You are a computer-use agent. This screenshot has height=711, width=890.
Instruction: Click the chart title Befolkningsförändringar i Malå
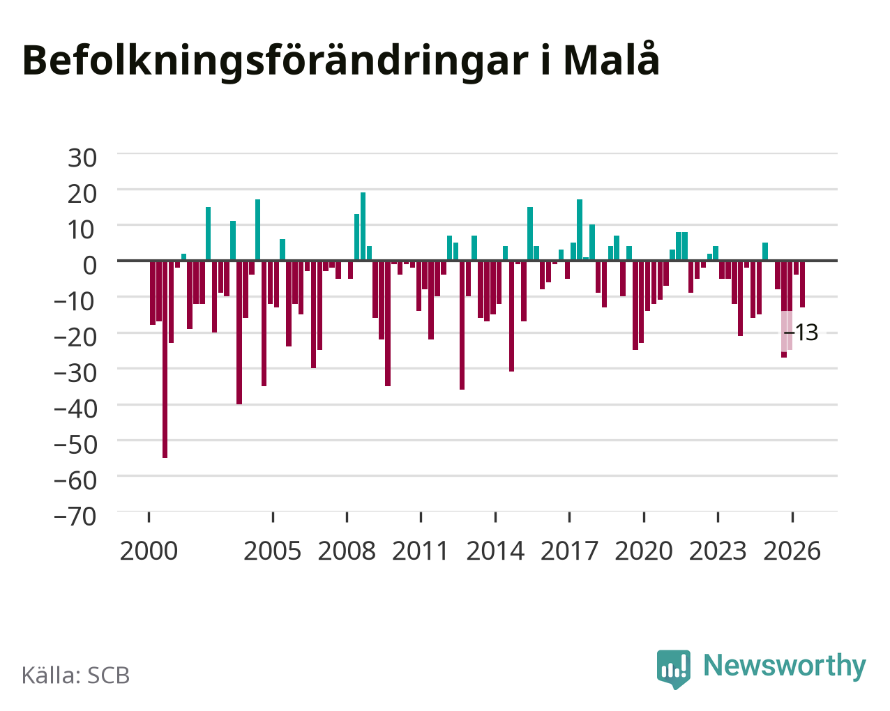coord(340,61)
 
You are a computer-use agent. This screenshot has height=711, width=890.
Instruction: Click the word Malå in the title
coord(611,59)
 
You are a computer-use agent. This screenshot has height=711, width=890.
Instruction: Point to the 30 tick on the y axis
coord(82,158)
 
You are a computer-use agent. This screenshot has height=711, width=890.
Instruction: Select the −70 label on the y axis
coord(75,517)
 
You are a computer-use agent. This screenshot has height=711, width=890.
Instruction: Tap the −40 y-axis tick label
coord(75,409)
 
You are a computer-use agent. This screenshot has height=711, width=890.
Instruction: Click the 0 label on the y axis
coord(90,266)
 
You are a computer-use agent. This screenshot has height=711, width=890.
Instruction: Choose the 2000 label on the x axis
coord(149,551)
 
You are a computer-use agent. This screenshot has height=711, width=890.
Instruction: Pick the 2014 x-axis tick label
coord(495,551)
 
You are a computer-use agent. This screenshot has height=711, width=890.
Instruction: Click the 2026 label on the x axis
coord(792,551)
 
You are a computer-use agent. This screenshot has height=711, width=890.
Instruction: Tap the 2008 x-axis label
coord(347,551)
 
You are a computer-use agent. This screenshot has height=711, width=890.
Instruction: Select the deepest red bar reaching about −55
coord(165,359)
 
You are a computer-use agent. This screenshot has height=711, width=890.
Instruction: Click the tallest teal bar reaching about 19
coord(363,227)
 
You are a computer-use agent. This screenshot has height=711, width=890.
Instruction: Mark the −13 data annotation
coord(801,332)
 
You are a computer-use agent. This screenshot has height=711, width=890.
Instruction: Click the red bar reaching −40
coord(239,332)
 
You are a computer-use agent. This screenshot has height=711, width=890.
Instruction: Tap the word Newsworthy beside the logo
coord(785,666)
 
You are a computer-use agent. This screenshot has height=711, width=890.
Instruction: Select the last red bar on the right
coord(802,284)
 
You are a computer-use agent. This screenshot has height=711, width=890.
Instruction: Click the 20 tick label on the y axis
coord(82,194)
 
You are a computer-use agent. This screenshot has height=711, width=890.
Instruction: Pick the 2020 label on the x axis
coord(644,551)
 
